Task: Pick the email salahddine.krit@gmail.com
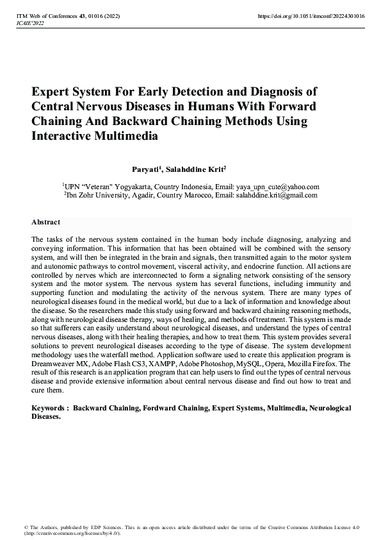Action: [x=277, y=196]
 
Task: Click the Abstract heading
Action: [x=45, y=222]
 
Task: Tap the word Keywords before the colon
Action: [x=48, y=408]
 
